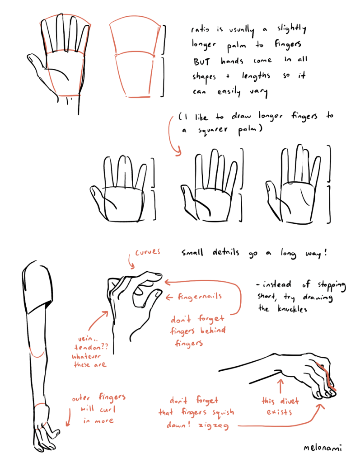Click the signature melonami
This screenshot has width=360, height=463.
coord(323,448)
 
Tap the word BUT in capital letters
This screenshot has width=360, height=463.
coord(202,61)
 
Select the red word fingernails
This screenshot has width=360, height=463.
coord(200,297)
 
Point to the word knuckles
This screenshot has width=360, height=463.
coord(292,309)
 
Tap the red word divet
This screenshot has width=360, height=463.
coord(289,401)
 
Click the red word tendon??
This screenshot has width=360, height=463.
coord(91,347)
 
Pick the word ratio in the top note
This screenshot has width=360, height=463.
coord(200,29)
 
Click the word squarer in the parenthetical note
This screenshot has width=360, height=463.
coord(212,130)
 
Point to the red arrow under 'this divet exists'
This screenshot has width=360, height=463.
coord(281,386)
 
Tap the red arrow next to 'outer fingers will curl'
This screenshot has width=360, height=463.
coord(69,417)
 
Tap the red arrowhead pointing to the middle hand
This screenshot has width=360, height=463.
coord(178,152)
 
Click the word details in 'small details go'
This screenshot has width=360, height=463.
coord(226,252)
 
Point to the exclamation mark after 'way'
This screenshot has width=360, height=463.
coord(326,252)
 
